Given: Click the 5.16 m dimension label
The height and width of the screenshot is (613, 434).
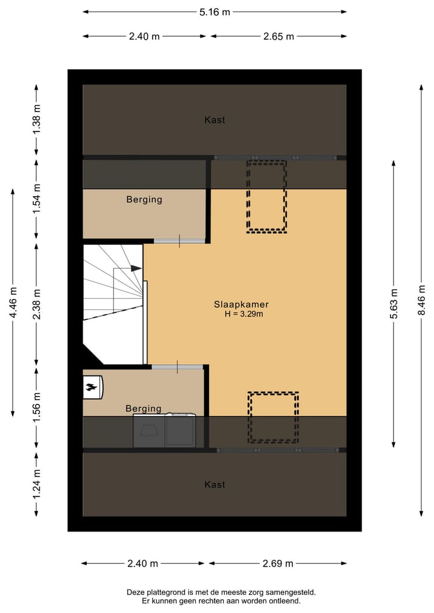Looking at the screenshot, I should pos(215,11).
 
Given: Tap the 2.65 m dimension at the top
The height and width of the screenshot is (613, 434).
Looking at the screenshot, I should pos(278,36).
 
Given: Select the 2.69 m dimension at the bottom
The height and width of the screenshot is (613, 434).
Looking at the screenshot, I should pos(277,564).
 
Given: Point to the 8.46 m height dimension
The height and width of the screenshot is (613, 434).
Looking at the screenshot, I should pos(422,300).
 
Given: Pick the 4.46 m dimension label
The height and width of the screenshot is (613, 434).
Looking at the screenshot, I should pos(13,302).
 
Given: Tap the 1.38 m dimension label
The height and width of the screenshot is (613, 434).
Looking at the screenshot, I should pos(36,119).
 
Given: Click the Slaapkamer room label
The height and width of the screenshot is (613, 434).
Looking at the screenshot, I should pos(241,304).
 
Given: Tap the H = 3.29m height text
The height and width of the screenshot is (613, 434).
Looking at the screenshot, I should pos(243,314).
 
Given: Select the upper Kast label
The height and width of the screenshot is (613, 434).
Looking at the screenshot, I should pos(215,120).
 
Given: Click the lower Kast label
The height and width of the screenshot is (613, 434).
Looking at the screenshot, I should pos(215,485).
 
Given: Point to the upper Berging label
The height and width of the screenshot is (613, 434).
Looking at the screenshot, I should pos(144,200).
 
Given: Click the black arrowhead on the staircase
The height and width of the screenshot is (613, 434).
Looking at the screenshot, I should pos(137,268).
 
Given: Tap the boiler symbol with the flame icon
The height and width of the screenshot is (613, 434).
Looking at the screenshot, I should pos(92,388).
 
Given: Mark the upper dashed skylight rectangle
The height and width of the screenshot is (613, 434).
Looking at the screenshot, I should pos(266,196).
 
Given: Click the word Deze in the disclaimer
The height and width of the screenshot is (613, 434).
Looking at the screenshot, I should pos(136,593).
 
